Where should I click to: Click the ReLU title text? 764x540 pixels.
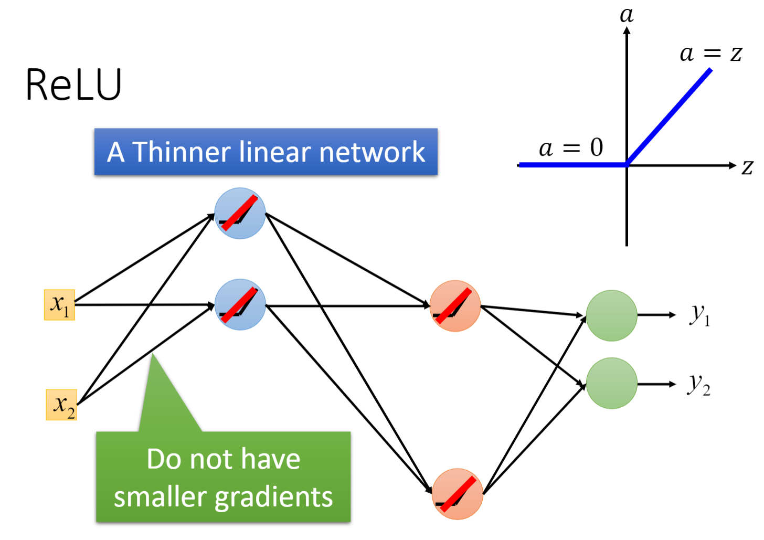click(x=73, y=85)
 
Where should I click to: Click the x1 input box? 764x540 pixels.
click(x=59, y=305)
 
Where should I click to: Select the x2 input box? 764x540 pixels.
click(x=62, y=405)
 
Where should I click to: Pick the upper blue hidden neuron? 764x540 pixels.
click(x=240, y=214)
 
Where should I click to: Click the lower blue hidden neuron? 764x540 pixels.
click(x=240, y=304)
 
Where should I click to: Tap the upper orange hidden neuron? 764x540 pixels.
click(x=455, y=306)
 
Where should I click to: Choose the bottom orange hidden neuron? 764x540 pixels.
click(x=457, y=494)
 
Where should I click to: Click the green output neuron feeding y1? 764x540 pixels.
click(x=611, y=315)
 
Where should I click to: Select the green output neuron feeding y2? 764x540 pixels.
click(x=611, y=383)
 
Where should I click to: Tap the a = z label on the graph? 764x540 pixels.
click(x=710, y=54)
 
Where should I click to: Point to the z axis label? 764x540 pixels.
click(x=747, y=167)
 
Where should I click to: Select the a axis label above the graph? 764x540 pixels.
click(x=627, y=14)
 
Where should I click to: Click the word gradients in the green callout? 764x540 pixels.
click(x=274, y=497)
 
